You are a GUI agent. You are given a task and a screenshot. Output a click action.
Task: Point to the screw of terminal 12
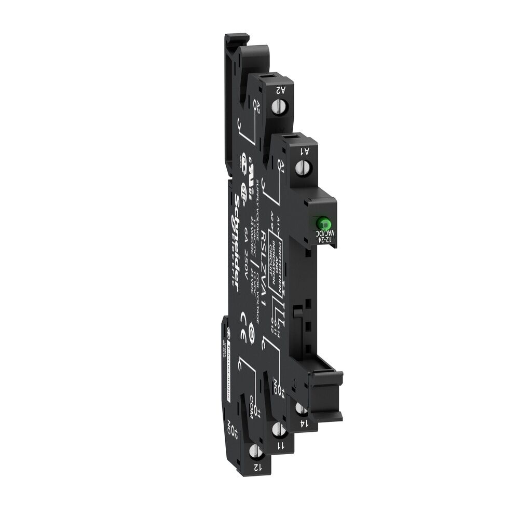255,452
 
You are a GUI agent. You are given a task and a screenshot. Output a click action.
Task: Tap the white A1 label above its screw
306,151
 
